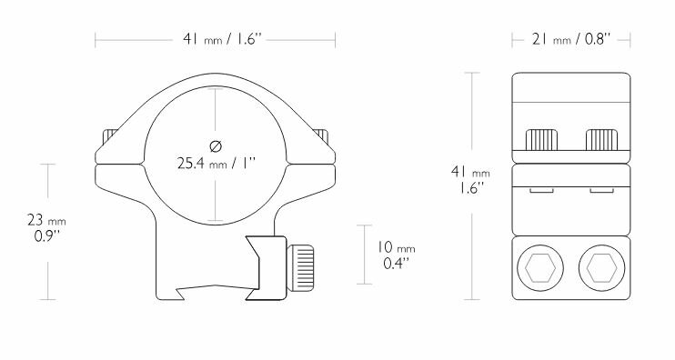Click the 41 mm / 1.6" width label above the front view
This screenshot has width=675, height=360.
pyautogui.click(x=216, y=39)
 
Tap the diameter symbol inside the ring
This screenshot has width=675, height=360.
pyautogui.click(x=215, y=146)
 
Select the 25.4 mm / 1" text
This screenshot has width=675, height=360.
pyautogui.click(x=216, y=165)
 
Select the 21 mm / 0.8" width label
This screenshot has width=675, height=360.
pyautogui.click(x=570, y=39)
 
